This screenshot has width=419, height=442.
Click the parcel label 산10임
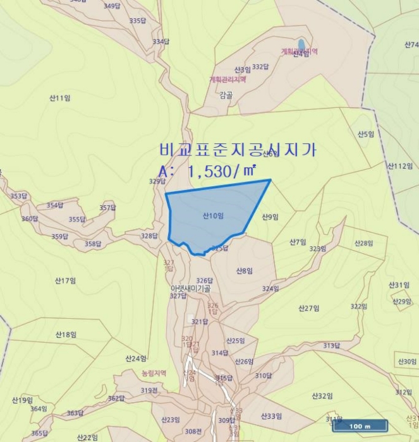(x=214, y=216)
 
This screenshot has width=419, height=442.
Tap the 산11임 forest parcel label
(x=59, y=98)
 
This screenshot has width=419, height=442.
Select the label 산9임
(x=270, y=217)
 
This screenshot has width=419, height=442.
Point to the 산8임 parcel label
(x=245, y=271)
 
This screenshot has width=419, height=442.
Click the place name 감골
(x=226, y=95)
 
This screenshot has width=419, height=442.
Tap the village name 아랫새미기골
(x=190, y=288)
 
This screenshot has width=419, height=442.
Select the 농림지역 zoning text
(x=154, y=373)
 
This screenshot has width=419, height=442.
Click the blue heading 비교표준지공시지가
(x=238, y=150)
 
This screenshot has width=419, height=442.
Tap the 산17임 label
(x=65, y=280)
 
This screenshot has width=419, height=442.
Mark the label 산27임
(x=308, y=308)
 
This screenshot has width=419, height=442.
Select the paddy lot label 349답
(x=111, y=6)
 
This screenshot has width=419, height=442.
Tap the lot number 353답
(x=19, y=196)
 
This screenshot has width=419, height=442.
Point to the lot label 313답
(x=332, y=345)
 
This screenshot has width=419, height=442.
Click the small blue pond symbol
(x=301, y=44)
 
